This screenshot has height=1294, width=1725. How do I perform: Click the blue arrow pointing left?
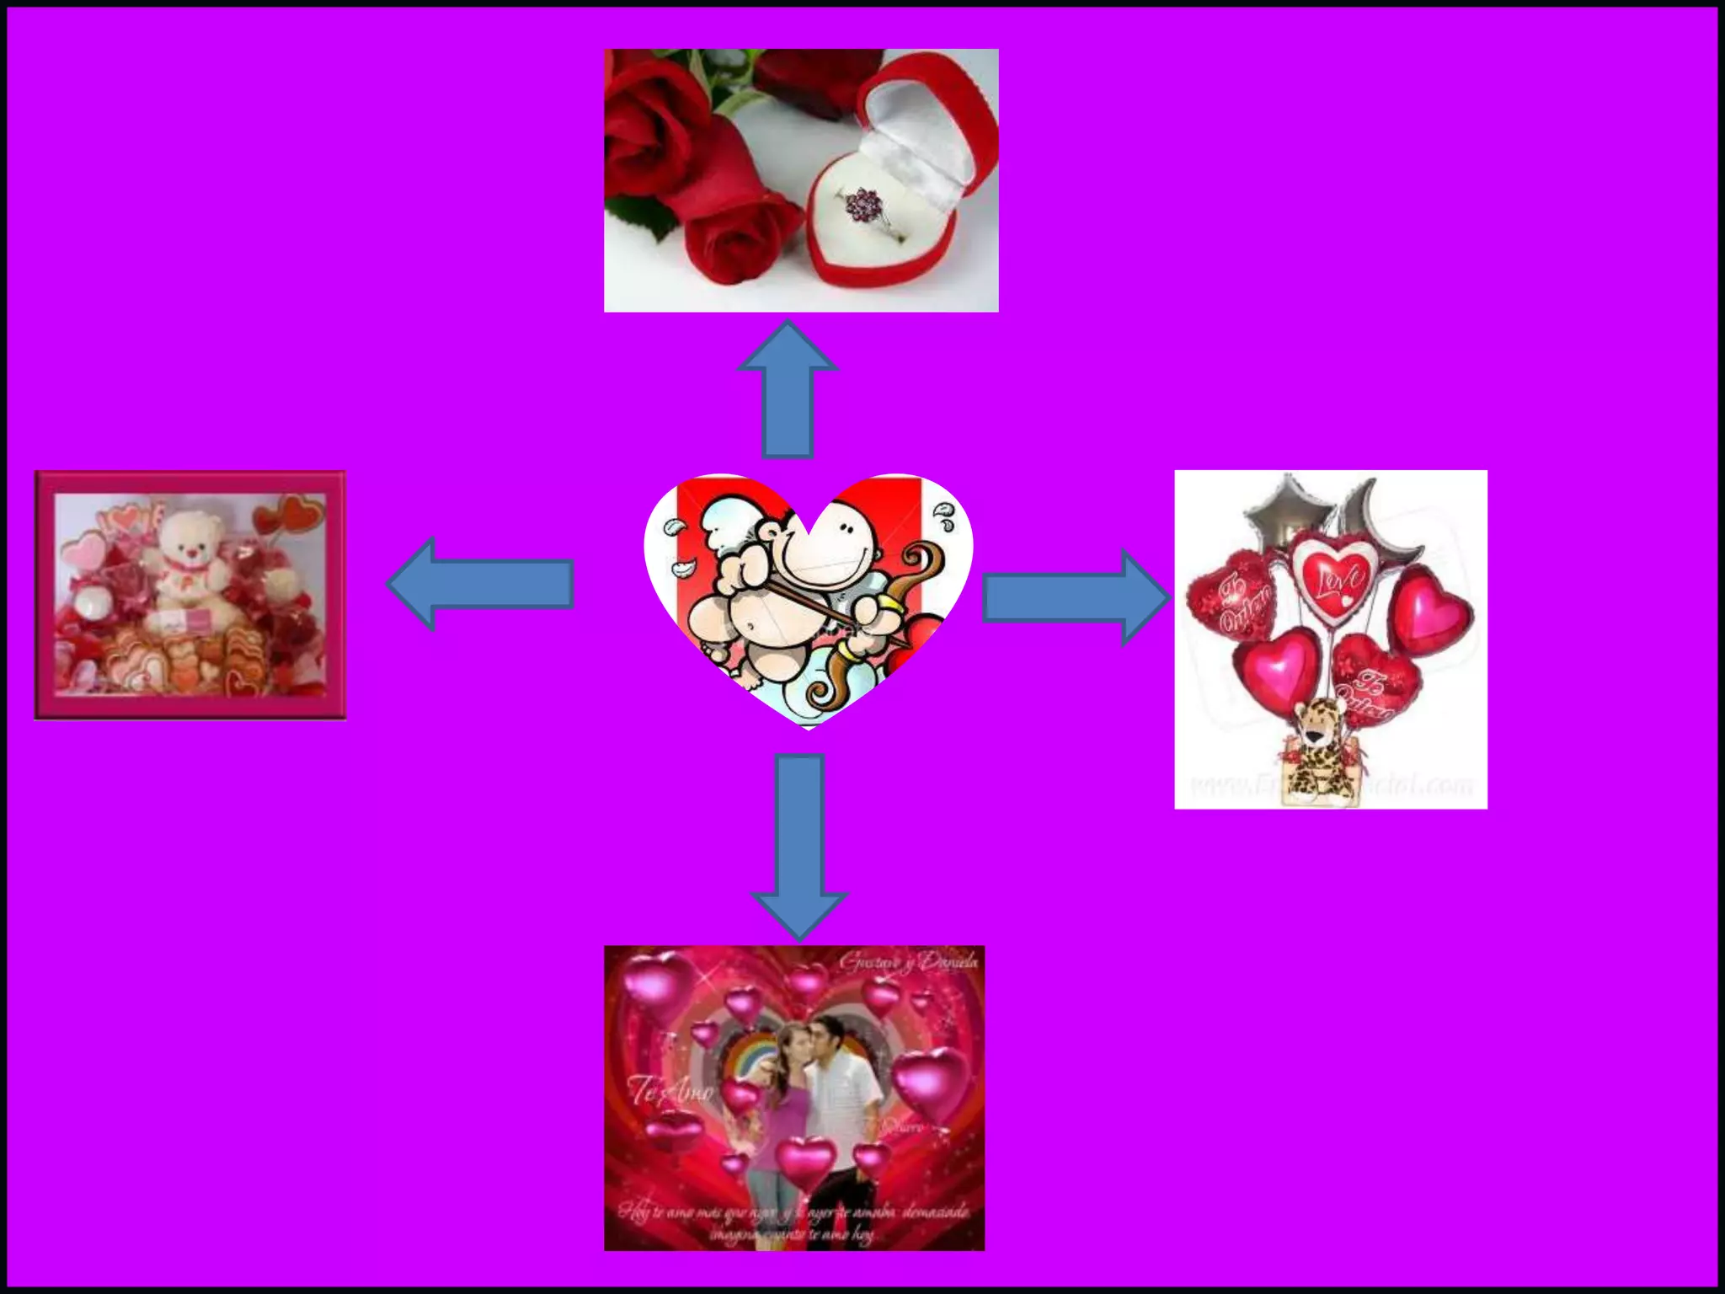tap(480, 584)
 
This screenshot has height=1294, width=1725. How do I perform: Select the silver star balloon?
tap(1284, 509)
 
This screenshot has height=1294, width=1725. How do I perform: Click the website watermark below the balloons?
tap(1331, 786)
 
